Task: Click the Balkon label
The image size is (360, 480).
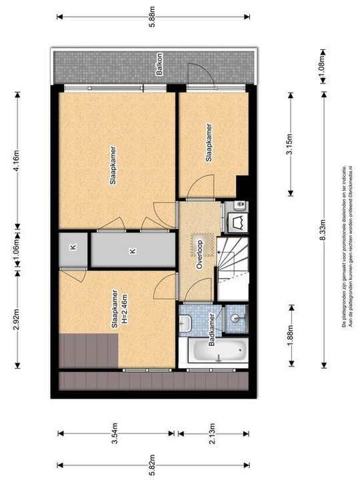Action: coord(160,69)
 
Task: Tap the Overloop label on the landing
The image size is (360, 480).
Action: coord(198,254)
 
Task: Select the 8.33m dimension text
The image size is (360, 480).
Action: coord(324,229)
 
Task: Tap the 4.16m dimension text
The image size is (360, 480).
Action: coord(17,159)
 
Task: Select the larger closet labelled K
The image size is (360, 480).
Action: coord(132,251)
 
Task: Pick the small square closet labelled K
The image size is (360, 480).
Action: coord(73,249)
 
